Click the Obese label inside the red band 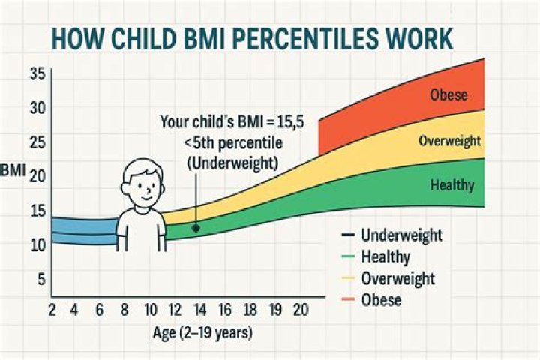click(x=449, y=95)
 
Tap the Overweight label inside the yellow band click(x=449, y=141)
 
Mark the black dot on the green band click(x=194, y=227)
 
